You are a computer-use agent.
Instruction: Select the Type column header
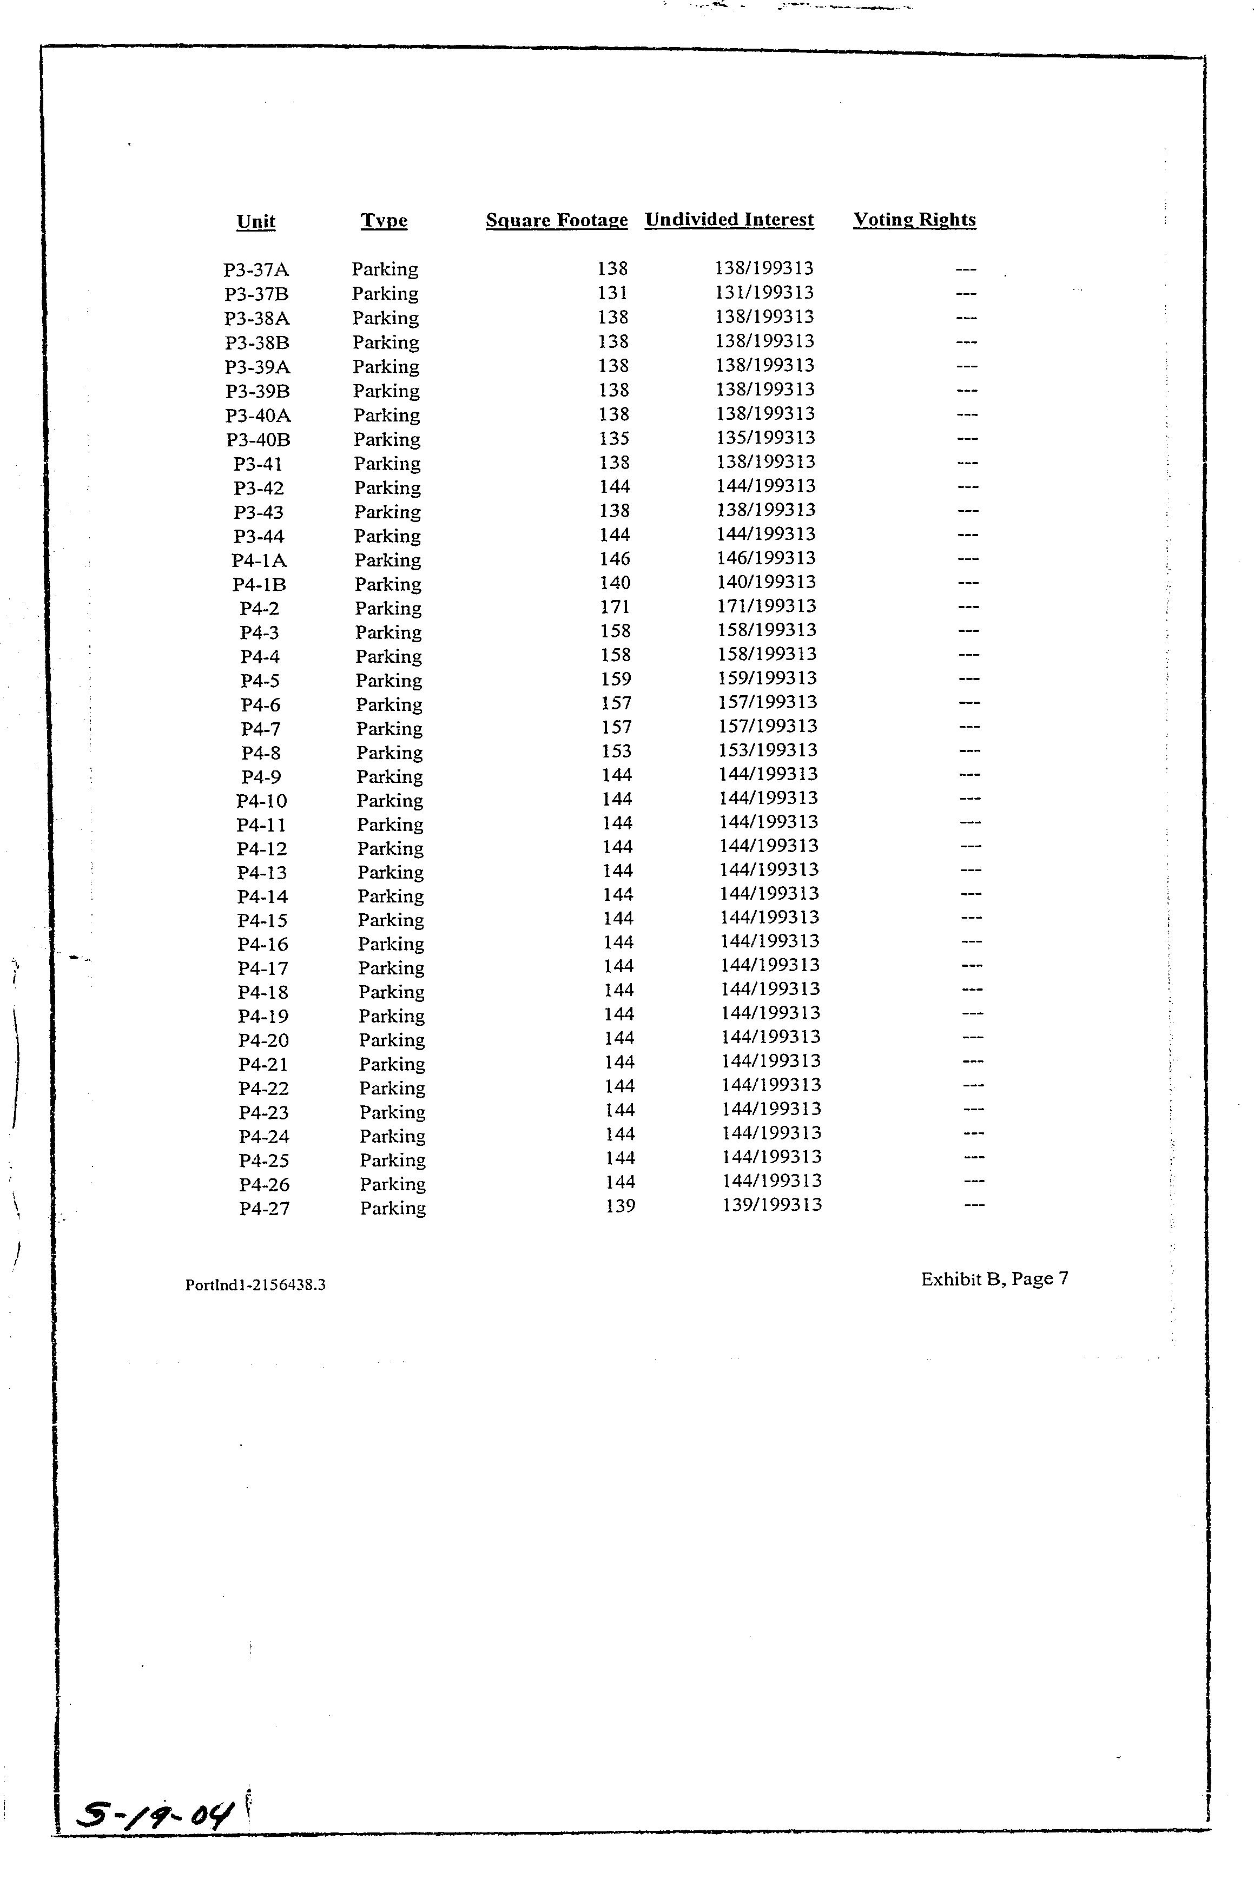click(x=384, y=221)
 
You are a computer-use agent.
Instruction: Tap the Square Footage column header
click(x=557, y=221)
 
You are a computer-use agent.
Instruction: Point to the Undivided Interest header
click(x=729, y=220)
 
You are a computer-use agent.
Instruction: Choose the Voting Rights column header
click(x=914, y=220)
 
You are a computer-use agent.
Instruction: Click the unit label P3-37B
click(x=257, y=294)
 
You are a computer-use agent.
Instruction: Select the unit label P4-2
click(x=260, y=609)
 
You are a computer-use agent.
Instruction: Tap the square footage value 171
click(x=615, y=607)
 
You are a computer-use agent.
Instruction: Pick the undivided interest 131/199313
click(x=764, y=293)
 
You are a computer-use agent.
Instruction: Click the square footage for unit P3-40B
click(x=614, y=438)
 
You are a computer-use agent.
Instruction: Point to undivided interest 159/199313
click(x=767, y=678)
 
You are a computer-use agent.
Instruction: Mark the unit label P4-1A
click(x=259, y=560)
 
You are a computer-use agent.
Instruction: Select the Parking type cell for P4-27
click(x=393, y=1208)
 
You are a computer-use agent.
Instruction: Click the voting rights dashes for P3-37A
click(x=966, y=269)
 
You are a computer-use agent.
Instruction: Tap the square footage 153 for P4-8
click(x=617, y=751)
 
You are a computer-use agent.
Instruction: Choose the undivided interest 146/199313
click(x=766, y=558)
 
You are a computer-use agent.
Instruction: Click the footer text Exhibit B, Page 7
click(x=994, y=1279)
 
